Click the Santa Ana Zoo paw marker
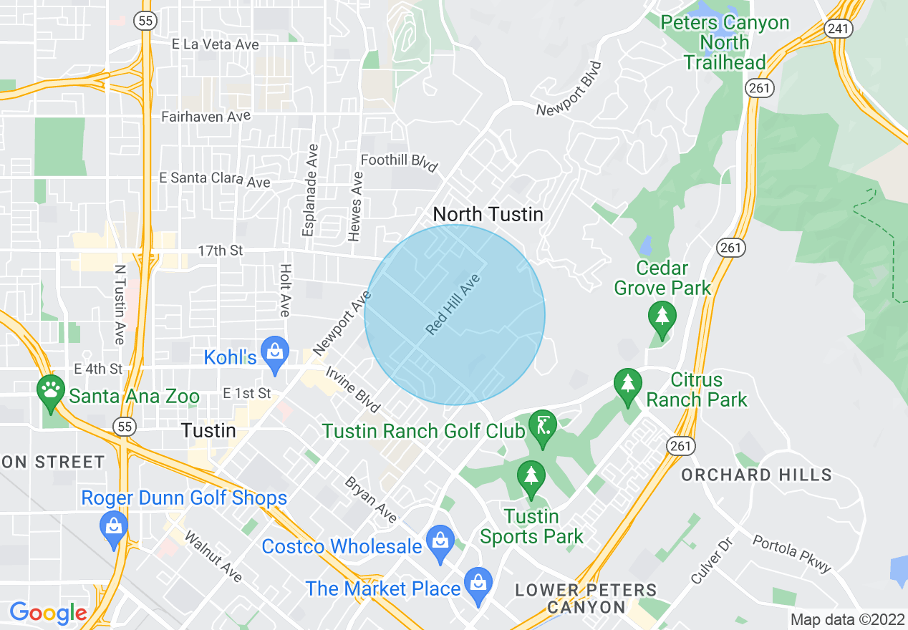[50, 390]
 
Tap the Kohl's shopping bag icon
[274, 352]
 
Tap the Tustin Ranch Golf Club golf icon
[542, 426]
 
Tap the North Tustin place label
[488, 214]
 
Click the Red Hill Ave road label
[452, 304]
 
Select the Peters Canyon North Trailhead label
[725, 42]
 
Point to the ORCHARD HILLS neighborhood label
[756, 475]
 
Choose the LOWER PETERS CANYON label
[586, 598]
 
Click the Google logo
[48, 613]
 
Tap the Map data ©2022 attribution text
[846, 619]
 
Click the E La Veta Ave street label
[215, 44]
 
